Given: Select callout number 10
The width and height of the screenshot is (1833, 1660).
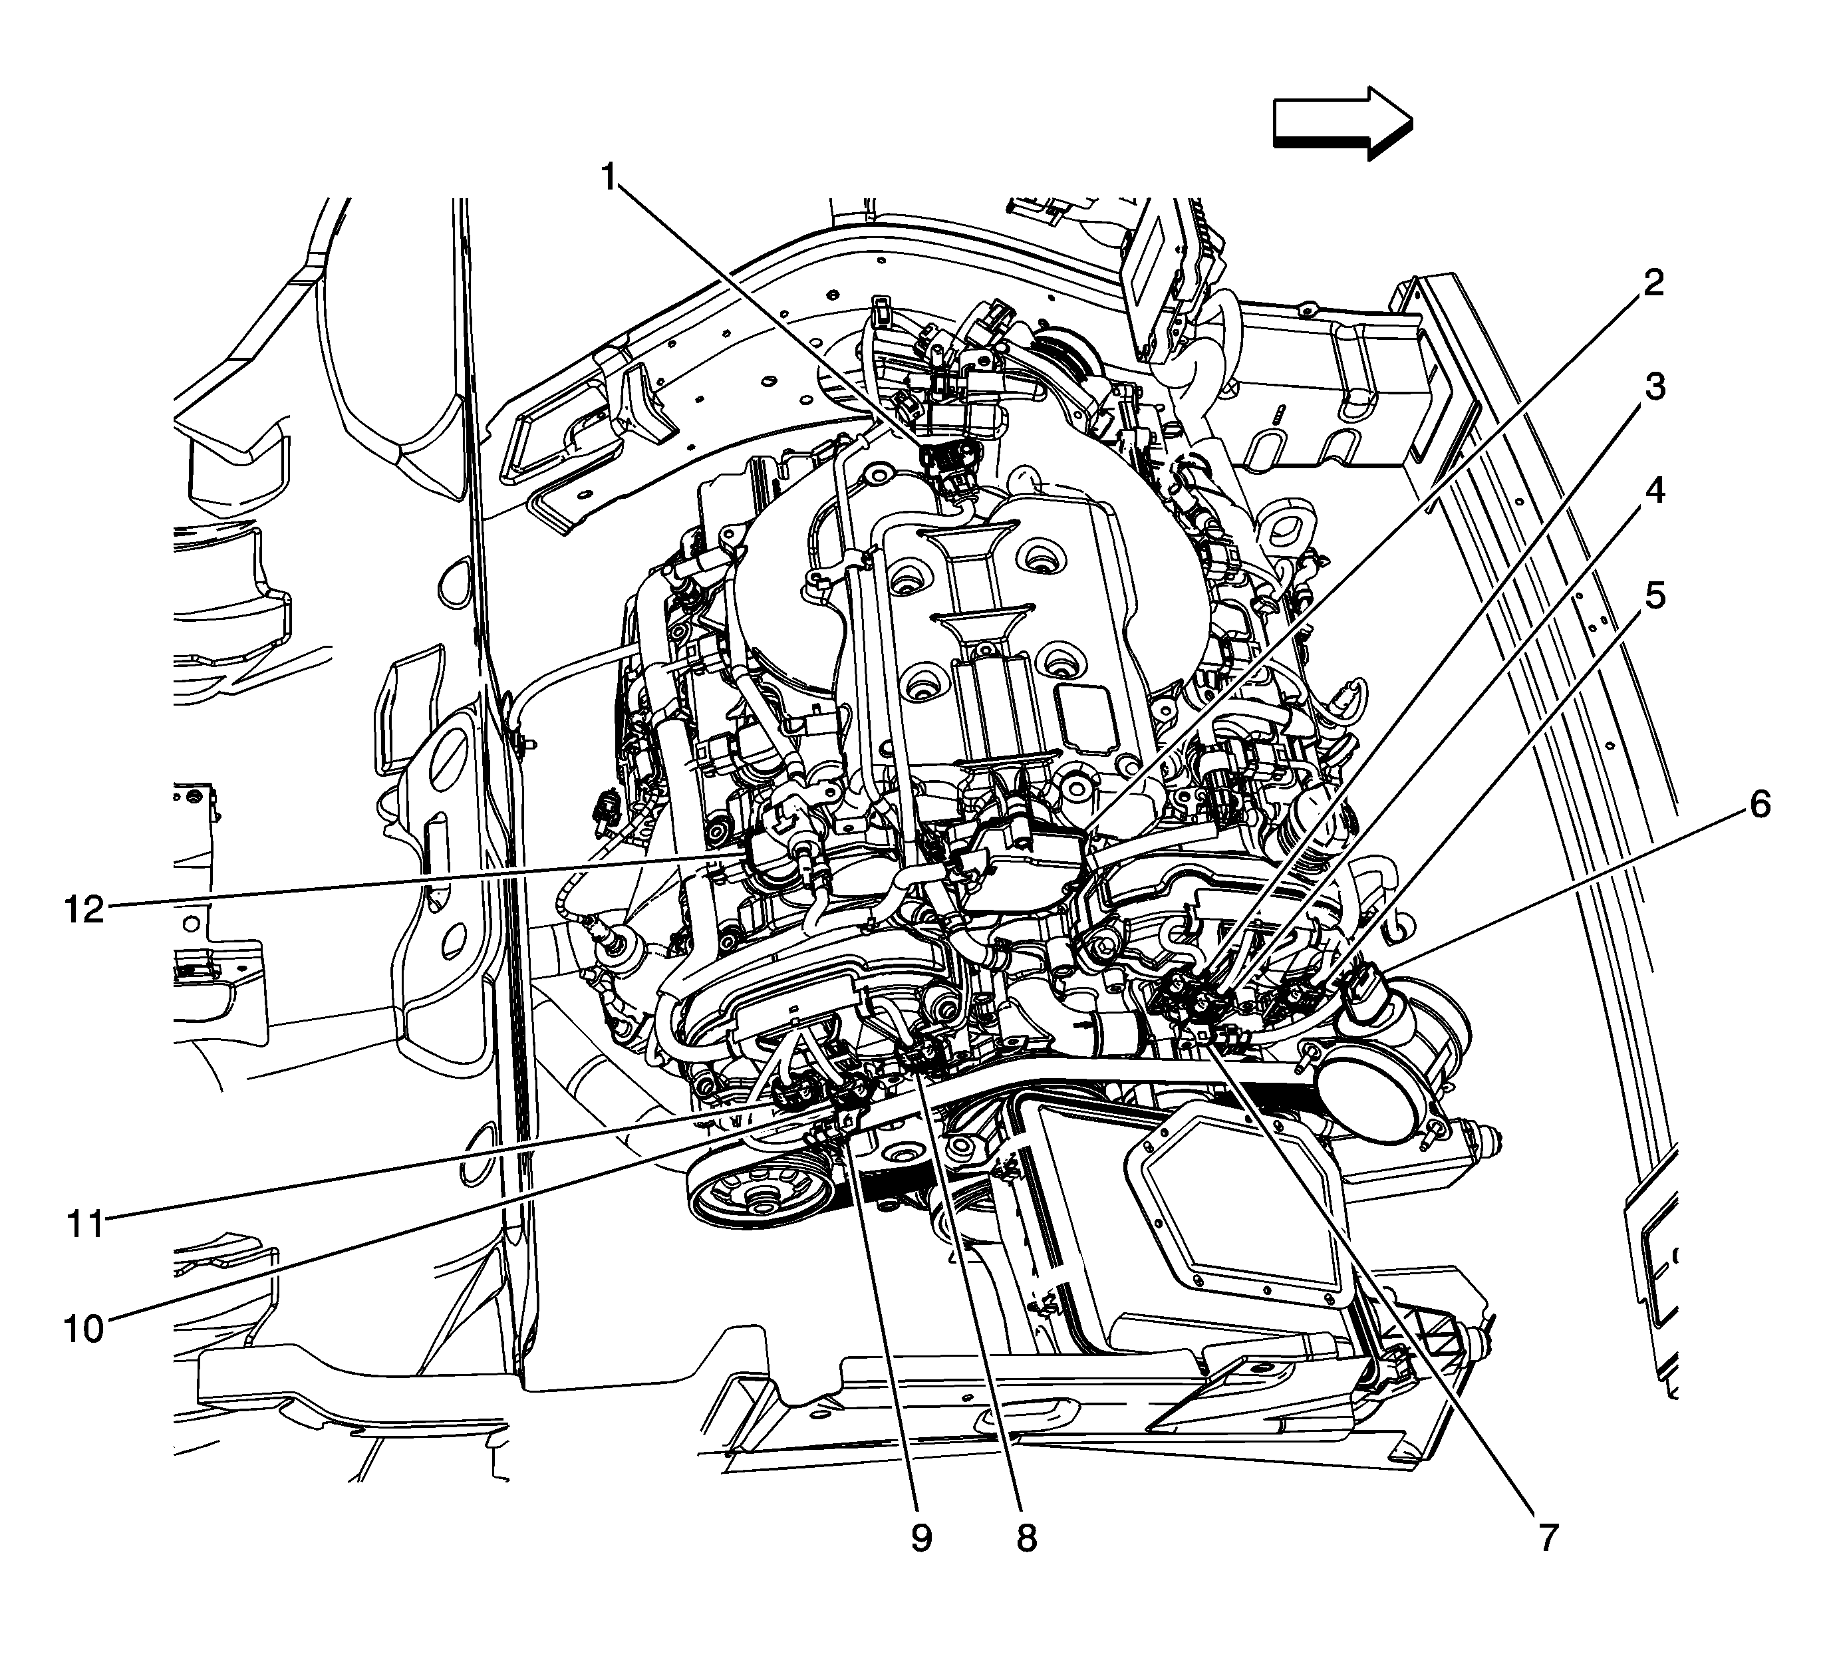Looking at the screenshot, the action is tap(84, 1329).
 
